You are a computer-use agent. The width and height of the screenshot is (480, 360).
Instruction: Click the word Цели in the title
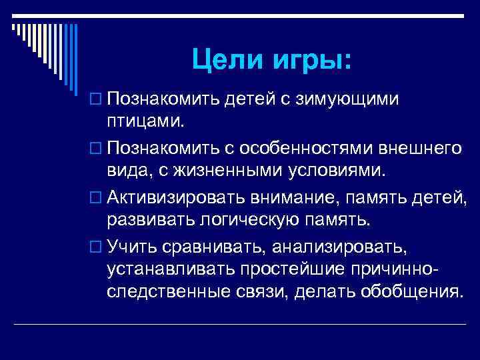223,61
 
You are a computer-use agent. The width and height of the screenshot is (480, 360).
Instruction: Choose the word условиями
340,170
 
